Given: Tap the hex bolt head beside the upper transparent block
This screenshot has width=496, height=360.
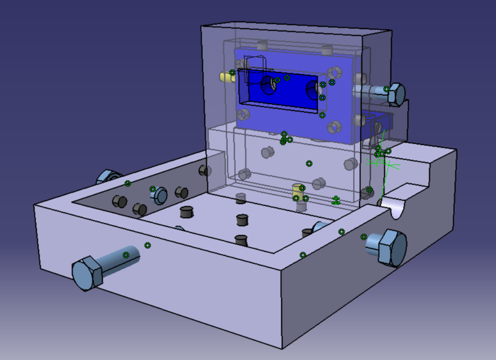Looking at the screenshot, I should (x=396, y=93).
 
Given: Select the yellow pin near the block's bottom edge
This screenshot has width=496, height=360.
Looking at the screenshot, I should (x=298, y=191).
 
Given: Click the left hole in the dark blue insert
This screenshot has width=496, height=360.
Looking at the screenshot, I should (x=269, y=84).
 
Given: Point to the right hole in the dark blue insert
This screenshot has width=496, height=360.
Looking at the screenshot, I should (x=312, y=89).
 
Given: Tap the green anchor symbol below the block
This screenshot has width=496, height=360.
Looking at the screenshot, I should (x=336, y=200).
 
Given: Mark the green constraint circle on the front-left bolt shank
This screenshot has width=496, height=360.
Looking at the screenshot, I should (x=126, y=255).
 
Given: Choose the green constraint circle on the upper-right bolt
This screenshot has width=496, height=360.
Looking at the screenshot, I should (x=386, y=89).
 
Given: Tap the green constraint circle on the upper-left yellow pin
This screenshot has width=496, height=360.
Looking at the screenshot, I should (x=232, y=73).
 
